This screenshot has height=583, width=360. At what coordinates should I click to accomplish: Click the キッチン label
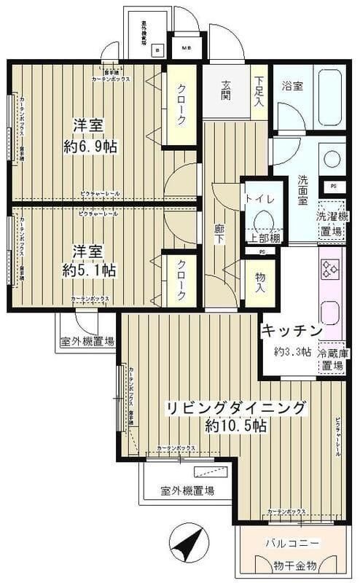291,331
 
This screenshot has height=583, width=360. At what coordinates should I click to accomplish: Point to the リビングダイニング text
235,407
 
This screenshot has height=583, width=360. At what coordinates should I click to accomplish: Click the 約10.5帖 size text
235,426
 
